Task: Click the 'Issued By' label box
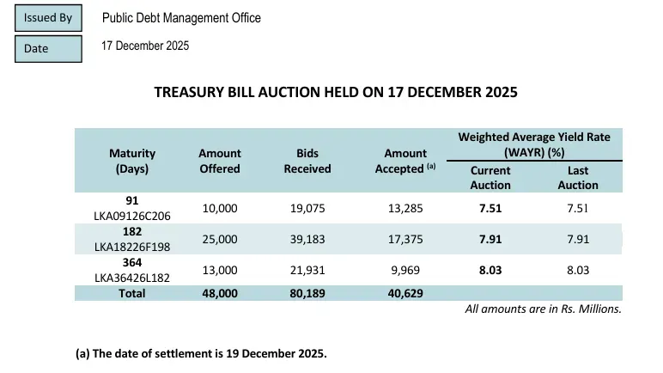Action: point(48,18)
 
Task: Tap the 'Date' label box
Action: point(48,49)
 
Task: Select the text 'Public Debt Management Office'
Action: point(181,18)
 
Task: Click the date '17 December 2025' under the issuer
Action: point(145,46)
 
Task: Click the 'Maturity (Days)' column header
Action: point(132,161)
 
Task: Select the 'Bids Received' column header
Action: point(307,161)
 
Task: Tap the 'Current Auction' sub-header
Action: point(490,178)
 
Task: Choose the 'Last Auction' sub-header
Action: point(578,178)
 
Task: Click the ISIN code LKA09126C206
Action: point(132,216)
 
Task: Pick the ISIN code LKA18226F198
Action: point(132,247)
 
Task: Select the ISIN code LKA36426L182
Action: point(132,278)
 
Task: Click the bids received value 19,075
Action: point(307,208)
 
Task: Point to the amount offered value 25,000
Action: point(220,239)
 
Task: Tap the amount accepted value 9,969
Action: point(405,270)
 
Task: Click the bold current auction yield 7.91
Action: point(490,239)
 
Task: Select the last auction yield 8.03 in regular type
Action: point(578,270)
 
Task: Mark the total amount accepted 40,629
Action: point(405,293)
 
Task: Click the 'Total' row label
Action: point(132,293)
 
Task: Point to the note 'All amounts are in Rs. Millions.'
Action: point(544,309)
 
